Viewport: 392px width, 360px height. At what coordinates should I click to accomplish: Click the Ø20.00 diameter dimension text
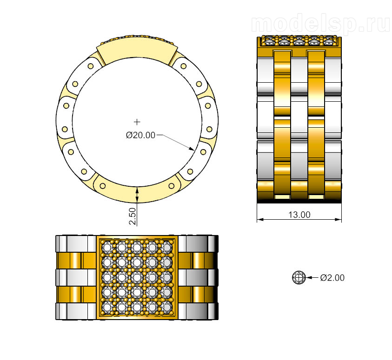point(140,135)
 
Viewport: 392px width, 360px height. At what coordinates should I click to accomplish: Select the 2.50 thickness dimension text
point(133,216)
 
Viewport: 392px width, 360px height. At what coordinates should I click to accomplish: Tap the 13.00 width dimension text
point(299,215)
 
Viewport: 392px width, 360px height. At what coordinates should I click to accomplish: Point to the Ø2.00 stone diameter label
point(332,277)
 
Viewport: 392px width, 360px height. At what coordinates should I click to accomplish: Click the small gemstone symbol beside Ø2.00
point(299,277)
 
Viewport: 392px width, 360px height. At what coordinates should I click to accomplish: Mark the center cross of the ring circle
point(137,122)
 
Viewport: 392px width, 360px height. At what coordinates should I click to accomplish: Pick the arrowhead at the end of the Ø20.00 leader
point(191,149)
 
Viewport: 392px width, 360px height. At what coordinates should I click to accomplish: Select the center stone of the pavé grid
point(137,277)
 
